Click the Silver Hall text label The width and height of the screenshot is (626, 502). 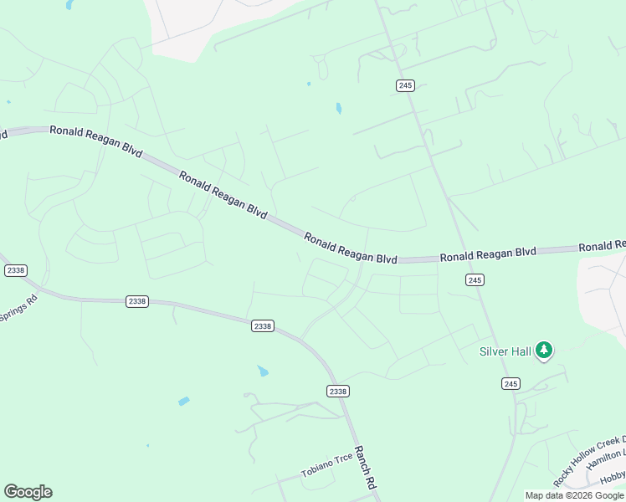(x=505, y=351)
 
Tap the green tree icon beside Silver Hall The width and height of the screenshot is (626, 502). (x=544, y=350)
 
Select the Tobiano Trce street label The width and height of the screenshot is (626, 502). (x=328, y=465)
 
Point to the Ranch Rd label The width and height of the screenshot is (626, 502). (x=364, y=468)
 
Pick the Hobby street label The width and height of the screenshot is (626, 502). (x=613, y=480)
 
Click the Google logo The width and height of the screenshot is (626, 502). (x=28, y=492)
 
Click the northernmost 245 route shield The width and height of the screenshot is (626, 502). (x=406, y=85)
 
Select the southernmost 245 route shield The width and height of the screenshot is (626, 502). (x=511, y=383)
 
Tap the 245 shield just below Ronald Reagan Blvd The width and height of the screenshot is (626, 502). (x=475, y=280)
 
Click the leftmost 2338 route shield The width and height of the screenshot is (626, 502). (x=15, y=270)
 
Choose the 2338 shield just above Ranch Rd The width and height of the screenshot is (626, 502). (x=338, y=391)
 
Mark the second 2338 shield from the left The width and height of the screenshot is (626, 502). (x=137, y=301)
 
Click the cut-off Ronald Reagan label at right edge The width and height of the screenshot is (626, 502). (x=602, y=246)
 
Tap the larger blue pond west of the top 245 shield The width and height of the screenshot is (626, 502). (x=338, y=108)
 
